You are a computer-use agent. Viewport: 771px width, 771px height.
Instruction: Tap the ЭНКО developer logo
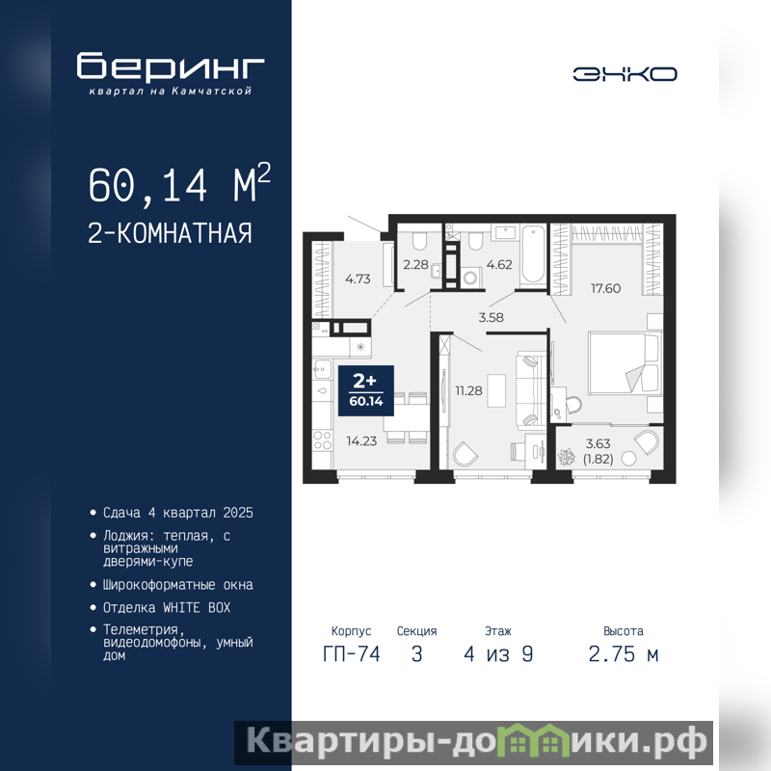click(625, 74)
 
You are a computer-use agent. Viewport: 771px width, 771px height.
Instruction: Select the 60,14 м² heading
click(179, 183)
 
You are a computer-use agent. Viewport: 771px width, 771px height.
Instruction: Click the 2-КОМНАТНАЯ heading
click(170, 233)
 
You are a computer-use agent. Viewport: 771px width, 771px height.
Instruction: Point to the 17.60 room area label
click(605, 288)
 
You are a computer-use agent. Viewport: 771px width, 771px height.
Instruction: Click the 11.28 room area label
click(468, 391)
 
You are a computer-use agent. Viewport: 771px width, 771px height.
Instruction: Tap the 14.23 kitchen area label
click(361, 441)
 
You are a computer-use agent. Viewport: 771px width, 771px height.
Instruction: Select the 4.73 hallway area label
click(358, 279)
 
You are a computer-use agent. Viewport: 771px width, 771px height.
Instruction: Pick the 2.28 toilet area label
click(415, 264)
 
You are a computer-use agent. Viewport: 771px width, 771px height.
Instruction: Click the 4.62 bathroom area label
click(499, 264)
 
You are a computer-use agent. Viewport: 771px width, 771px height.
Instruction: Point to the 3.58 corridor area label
click(491, 318)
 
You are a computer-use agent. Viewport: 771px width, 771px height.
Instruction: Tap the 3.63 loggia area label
click(598, 443)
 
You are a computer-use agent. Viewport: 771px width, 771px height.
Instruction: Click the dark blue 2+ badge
click(366, 390)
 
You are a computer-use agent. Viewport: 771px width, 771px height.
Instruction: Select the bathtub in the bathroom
click(533, 254)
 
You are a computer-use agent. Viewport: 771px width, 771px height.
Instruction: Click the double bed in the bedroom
click(624, 363)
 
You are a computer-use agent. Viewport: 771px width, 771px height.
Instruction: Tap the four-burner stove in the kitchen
click(323, 440)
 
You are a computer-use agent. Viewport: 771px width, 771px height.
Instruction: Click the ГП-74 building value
click(352, 654)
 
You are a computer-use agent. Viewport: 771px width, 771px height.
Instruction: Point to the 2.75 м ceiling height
click(624, 654)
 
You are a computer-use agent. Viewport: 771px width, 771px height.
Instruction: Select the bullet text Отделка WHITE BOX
click(167, 608)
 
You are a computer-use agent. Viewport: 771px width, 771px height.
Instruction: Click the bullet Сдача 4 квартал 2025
click(178, 513)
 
